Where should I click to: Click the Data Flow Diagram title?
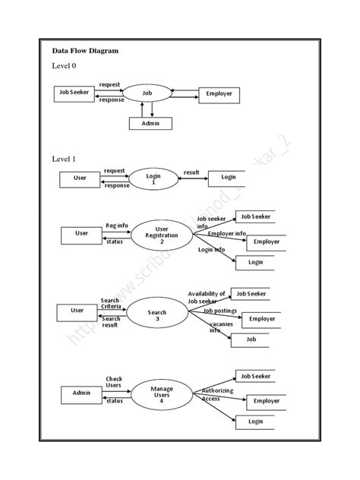(85, 51)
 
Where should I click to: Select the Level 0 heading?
(64, 67)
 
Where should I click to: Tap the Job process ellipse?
(147, 93)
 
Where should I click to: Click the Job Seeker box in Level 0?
(74, 93)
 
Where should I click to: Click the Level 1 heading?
(64, 159)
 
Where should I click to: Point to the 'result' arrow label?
(191, 172)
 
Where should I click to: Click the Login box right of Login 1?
(229, 177)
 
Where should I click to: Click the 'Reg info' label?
(117, 226)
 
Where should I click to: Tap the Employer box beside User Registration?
(258, 242)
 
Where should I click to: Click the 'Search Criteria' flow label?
(110, 303)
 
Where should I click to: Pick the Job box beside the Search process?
(251, 339)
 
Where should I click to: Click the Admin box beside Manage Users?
(82, 393)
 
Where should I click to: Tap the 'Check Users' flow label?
(114, 382)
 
